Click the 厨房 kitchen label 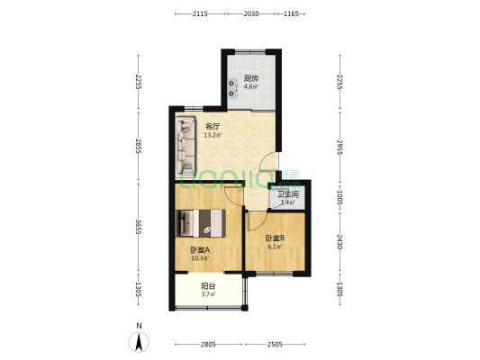coord(251,79)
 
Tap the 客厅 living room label coord(213,127)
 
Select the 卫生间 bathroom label coord(288,194)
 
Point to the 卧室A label coord(200,250)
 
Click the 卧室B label coord(275,238)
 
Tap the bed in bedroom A coord(205,221)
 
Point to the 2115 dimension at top coord(200,14)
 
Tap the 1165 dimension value coord(291,14)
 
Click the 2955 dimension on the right coord(339,147)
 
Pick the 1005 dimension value coord(339,196)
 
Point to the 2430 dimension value coord(339,241)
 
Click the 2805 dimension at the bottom coord(209,345)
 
